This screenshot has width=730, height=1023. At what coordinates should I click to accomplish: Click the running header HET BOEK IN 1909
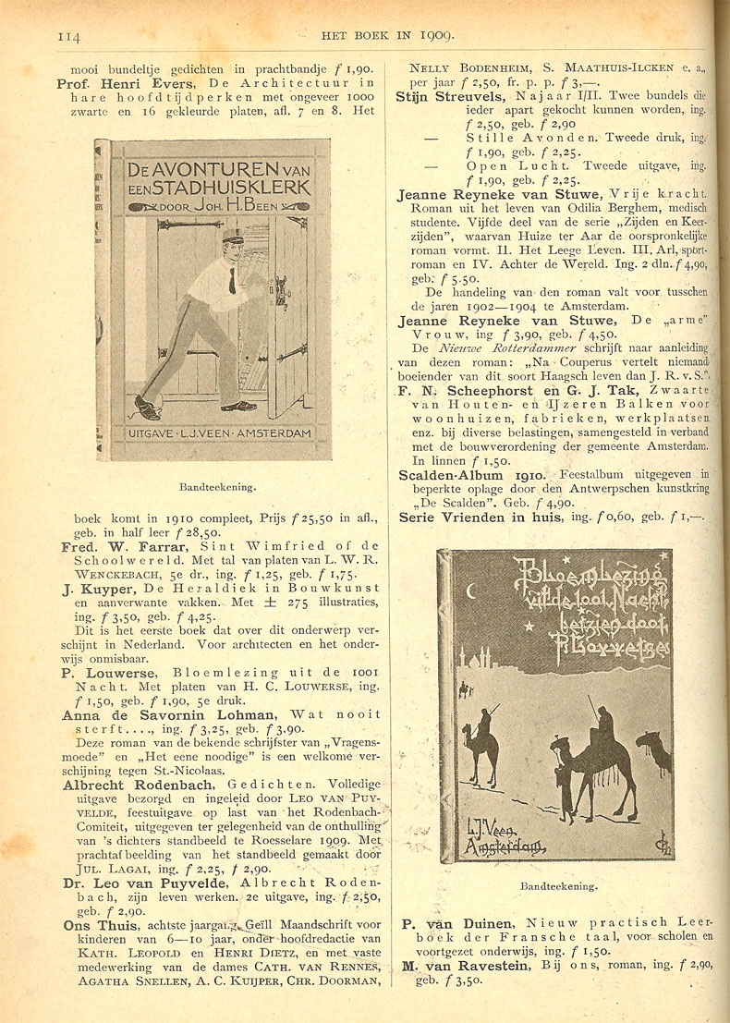coord(387,37)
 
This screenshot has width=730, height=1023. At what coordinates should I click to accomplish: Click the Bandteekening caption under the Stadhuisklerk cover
coord(218,483)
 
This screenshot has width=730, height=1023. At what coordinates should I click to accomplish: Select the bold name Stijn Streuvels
coord(449,96)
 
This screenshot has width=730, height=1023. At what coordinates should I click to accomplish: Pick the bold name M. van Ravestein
coord(467,966)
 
